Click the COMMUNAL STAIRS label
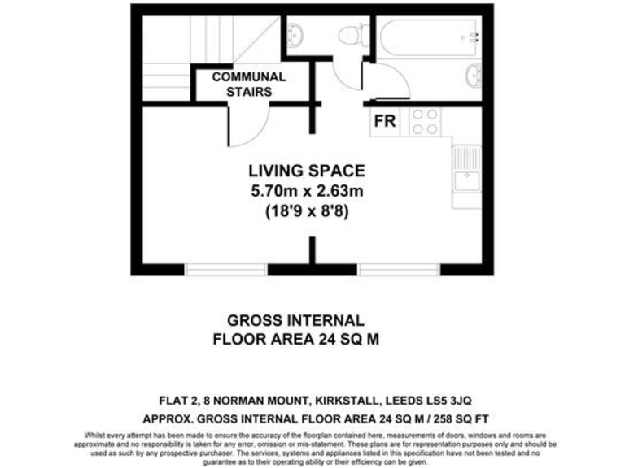click(x=249, y=84)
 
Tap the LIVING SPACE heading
click(x=306, y=171)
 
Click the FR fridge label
click(x=385, y=122)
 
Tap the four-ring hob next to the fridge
click(x=426, y=122)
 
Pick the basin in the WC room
click(x=296, y=35)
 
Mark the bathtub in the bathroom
click(x=430, y=37)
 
